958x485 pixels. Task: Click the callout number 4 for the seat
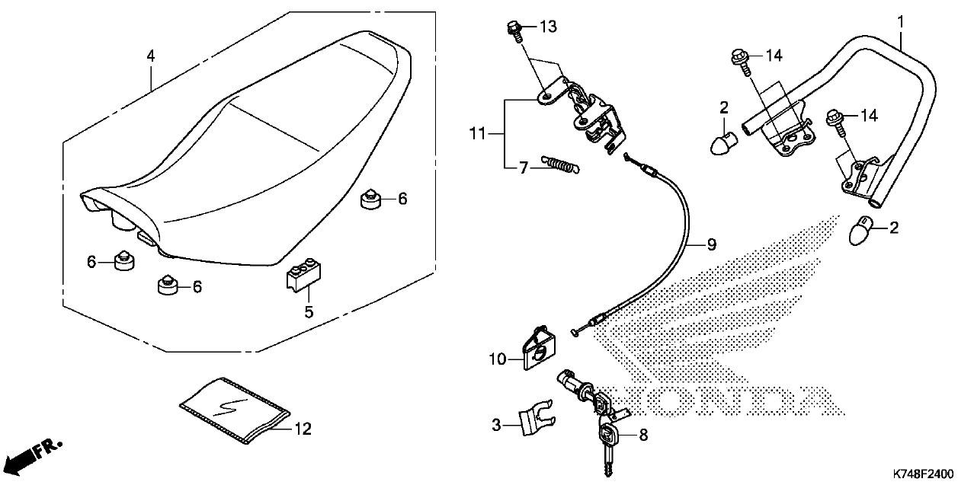click(150, 56)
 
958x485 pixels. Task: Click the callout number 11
click(477, 134)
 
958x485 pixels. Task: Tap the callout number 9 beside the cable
click(710, 244)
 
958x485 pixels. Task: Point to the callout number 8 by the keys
click(642, 436)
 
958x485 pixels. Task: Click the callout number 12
click(303, 429)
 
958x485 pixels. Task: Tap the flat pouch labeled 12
click(235, 410)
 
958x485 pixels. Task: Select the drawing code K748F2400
click(924, 473)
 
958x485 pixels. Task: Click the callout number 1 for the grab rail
click(900, 21)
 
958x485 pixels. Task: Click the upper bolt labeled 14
click(740, 56)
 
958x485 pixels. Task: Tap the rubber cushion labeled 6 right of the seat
click(370, 199)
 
